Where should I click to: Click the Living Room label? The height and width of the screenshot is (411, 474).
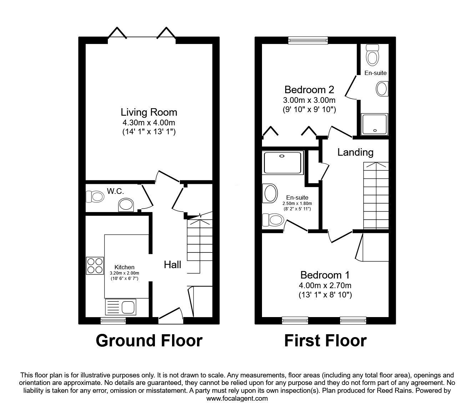(149, 112)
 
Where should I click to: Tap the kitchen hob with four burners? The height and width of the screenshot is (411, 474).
(95, 266)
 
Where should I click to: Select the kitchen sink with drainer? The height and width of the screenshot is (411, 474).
(121, 307)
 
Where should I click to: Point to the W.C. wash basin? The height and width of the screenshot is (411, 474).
(126, 205)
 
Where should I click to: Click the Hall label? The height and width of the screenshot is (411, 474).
(172, 265)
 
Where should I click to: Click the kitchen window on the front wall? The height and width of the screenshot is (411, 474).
(113, 320)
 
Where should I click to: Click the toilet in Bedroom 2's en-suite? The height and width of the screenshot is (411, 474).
(372, 54)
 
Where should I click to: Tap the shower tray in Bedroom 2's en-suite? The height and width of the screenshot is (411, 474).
(374, 124)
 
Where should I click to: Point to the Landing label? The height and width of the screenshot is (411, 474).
(355, 152)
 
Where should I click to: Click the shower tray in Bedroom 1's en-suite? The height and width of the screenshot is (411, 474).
(283, 162)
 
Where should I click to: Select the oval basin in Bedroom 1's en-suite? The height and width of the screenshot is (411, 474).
(270, 193)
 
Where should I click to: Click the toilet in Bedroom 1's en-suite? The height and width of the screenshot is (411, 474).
(273, 220)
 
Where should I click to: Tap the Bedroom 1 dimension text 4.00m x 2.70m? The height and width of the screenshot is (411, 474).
(325, 285)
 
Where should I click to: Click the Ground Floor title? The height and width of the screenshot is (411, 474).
(149, 341)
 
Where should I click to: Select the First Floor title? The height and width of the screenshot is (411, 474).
(326, 341)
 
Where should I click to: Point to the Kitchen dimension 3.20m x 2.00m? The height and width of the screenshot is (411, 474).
(124, 273)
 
